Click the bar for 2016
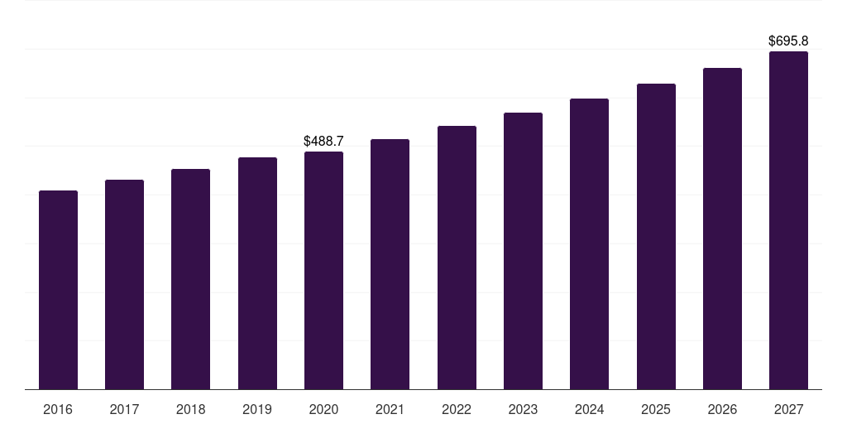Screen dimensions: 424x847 58,290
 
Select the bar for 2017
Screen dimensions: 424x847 124,284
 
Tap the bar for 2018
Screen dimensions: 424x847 190,279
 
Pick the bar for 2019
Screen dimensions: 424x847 257,273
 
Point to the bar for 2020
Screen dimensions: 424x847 323,270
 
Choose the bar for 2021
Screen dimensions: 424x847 390,264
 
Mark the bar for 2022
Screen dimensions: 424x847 457,258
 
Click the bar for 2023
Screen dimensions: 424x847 523,251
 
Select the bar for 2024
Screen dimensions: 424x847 589,243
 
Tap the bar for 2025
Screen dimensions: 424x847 656,236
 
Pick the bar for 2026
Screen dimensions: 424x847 722,229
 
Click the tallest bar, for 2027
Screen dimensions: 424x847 788,220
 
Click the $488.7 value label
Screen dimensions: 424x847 323,142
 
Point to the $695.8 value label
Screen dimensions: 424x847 788,41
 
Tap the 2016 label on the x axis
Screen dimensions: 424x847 58,409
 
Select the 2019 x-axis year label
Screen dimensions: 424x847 257,409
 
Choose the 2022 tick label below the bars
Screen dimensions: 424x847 457,409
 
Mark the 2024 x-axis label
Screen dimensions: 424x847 589,409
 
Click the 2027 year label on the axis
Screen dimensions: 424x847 788,409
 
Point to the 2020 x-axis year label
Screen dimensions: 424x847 323,409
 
